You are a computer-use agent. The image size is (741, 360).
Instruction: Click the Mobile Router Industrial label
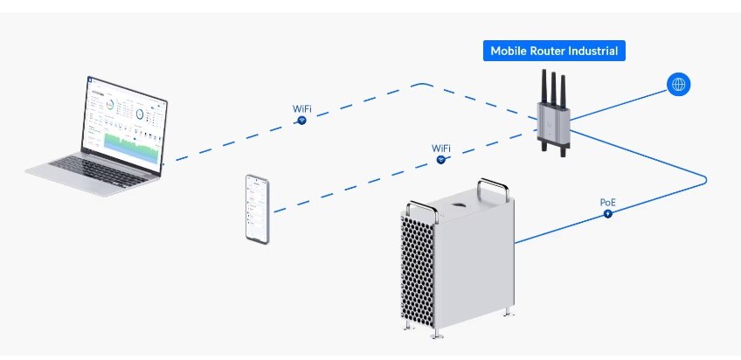(x=554, y=51)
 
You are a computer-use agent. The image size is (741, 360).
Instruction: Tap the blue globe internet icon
(x=678, y=85)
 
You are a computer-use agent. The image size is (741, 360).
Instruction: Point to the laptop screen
(x=123, y=125)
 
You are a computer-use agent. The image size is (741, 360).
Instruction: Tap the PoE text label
(x=608, y=202)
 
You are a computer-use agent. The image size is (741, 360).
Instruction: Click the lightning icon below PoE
(x=608, y=214)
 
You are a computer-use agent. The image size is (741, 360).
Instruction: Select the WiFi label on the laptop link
(x=301, y=108)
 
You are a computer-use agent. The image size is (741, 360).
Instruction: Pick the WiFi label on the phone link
(x=442, y=148)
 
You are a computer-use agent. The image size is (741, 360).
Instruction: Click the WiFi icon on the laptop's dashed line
(x=301, y=120)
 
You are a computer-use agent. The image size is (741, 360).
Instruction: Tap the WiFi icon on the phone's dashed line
(x=442, y=159)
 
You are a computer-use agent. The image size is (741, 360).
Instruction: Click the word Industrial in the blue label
(x=591, y=51)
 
